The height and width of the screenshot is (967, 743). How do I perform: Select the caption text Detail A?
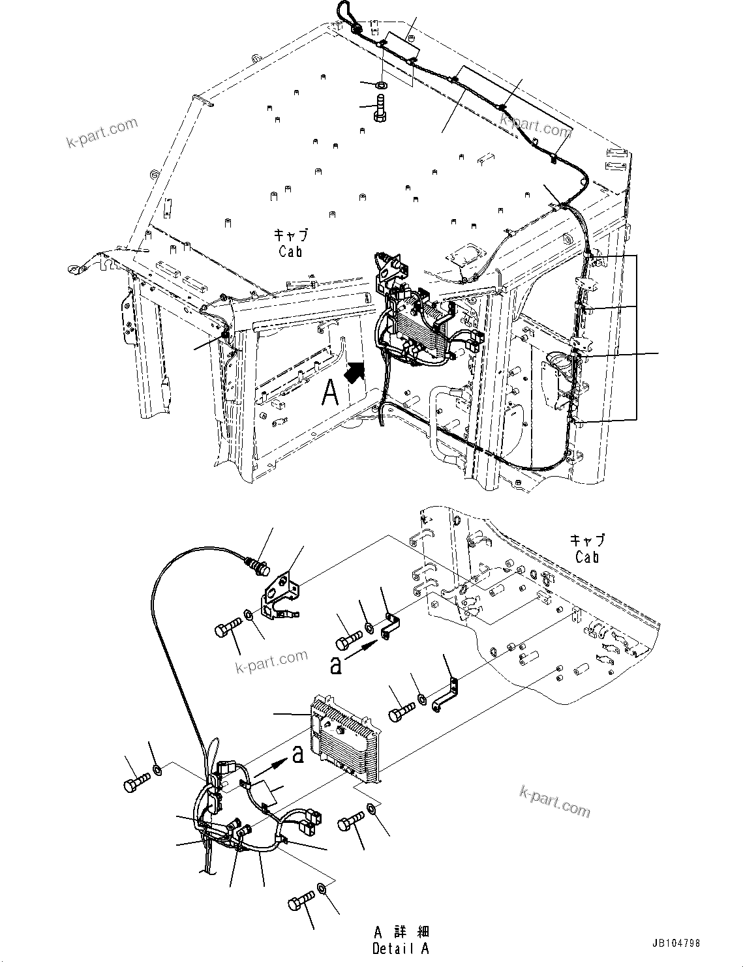[401, 948]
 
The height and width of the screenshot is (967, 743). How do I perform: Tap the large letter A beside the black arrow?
[331, 393]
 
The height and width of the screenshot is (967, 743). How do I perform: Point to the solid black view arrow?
[354, 374]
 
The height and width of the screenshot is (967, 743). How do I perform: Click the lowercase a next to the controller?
[297, 755]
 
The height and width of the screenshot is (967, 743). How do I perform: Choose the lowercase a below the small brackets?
[335, 665]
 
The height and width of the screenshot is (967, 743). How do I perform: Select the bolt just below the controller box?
[351, 822]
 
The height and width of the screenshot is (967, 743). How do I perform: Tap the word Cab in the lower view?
[587, 558]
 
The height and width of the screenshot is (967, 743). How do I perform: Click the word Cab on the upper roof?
[290, 251]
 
